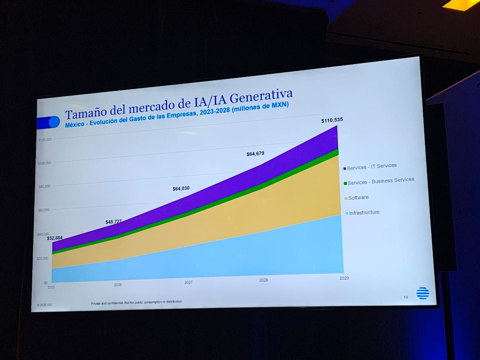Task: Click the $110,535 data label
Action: coord(332,120)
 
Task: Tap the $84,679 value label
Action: coord(255,153)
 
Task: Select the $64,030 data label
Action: coord(181,189)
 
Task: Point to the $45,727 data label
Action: coord(114,222)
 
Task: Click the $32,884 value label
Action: coord(55,238)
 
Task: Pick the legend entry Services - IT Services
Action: coord(372,166)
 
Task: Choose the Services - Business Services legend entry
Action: coord(381,181)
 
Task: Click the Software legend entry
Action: coord(358,198)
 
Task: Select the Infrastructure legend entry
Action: coord(364,212)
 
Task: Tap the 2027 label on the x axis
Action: coord(188,282)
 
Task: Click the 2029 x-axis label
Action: coord(344,278)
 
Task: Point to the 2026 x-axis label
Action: coord(118,285)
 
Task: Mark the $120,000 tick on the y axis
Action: coord(45,140)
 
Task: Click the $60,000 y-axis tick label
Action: coord(43,210)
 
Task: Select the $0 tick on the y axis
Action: coord(46,283)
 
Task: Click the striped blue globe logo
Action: coord(423,293)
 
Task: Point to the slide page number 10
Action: coord(406,297)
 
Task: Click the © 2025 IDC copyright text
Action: coord(45,305)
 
